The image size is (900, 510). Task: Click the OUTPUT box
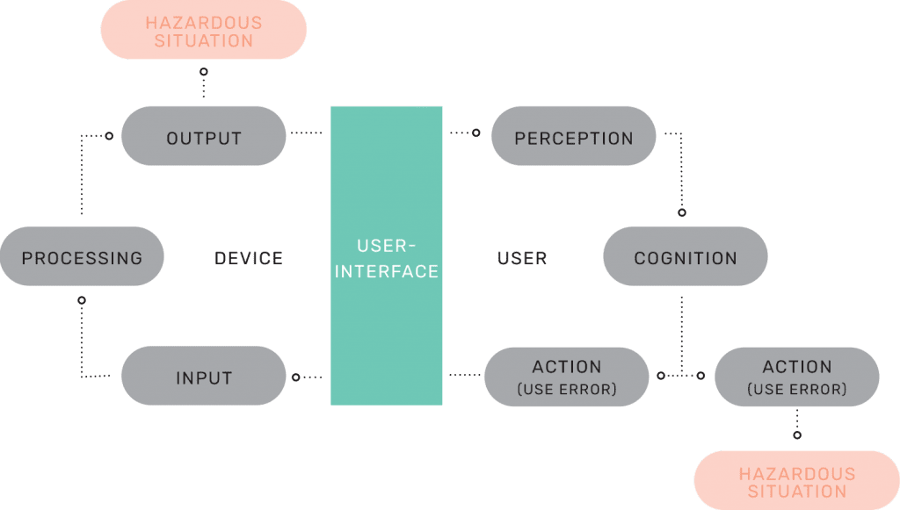pos(204,136)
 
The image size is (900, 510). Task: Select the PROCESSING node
pos(82,256)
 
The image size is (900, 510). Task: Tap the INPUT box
pos(204,376)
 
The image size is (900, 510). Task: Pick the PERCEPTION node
pos(573,136)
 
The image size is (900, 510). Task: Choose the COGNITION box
pos(686,256)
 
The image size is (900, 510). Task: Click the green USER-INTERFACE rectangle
pos(387,255)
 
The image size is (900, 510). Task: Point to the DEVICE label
pos(249,258)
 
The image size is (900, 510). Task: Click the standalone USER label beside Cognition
pos(522,258)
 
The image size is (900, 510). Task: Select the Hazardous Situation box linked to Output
pos(204,29)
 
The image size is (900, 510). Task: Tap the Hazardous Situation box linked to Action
pos(796,480)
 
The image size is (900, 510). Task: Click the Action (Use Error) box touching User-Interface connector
pos(567,377)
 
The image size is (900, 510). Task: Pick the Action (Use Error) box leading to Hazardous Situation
pos(796,377)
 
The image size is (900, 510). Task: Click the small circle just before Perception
pos(475,133)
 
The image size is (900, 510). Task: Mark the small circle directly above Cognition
pos(682,212)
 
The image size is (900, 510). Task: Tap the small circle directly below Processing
pos(82,300)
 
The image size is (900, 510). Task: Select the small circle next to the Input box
pos(295,377)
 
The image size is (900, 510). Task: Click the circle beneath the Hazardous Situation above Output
pos(204,72)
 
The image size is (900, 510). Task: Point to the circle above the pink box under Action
pos(797,435)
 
